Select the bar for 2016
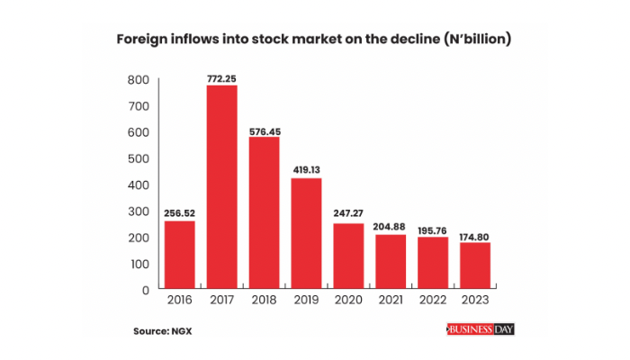tap(179, 255)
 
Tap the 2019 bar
tap(306, 233)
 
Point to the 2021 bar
tap(391, 262)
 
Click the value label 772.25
tap(221, 78)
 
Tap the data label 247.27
tap(348, 216)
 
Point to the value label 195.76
tap(433, 229)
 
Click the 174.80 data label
tap(475, 235)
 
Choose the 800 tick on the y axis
tap(138, 80)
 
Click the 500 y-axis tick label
tap(138, 158)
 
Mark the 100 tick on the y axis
tap(138, 264)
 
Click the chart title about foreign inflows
tap(315, 40)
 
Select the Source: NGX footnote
tap(164, 331)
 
